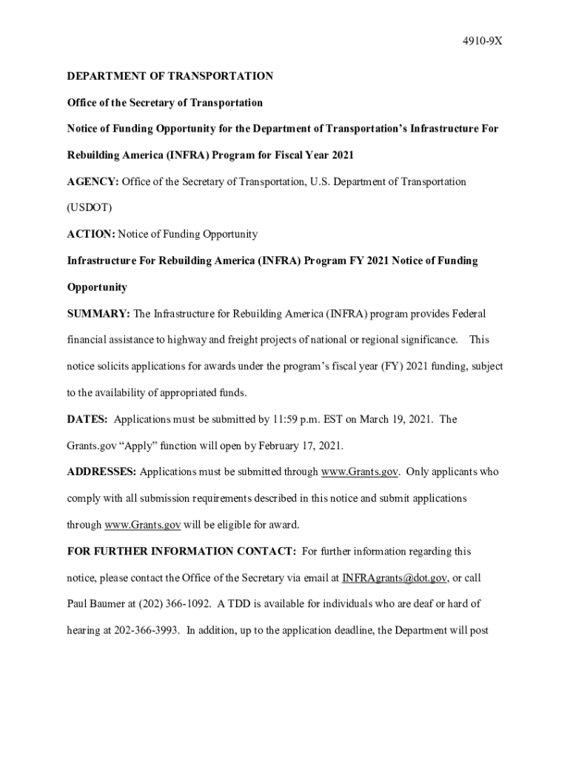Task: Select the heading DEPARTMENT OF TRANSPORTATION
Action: pos(170,76)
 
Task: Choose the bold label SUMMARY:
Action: pos(98,314)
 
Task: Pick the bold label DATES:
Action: pos(87,420)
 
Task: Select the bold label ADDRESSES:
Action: pos(101,472)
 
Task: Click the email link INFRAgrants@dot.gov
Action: pos(395,578)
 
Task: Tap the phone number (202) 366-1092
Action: pos(174,604)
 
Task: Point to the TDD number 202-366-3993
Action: pos(147,631)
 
